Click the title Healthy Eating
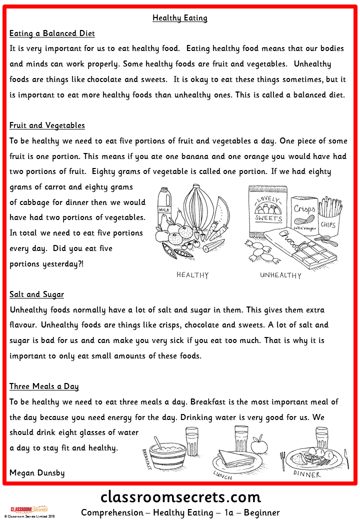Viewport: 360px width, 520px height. pyautogui.click(x=180, y=18)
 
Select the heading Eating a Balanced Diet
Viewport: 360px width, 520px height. pyautogui.click(x=52, y=34)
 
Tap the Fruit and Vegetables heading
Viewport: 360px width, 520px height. pyautogui.click(x=47, y=125)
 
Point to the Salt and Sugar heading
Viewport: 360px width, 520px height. pyautogui.click(x=36, y=294)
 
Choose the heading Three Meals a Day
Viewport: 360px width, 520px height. pyautogui.click(x=44, y=386)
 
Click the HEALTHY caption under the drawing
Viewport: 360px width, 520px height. pyautogui.click(x=192, y=275)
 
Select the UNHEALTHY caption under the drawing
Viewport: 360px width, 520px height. pyautogui.click(x=280, y=275)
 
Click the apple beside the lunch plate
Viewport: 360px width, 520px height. pyautogui.click(x=259, y=445)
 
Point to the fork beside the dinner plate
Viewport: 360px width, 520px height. pyautogui.click(x=283, y=460)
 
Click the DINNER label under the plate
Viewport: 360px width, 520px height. pyautogui.click(x=307, y=474)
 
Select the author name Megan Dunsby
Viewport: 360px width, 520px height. pyautogui.click(x=37, y=472)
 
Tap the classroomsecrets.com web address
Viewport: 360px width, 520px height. pyautogui.click(x=180, y=497)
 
